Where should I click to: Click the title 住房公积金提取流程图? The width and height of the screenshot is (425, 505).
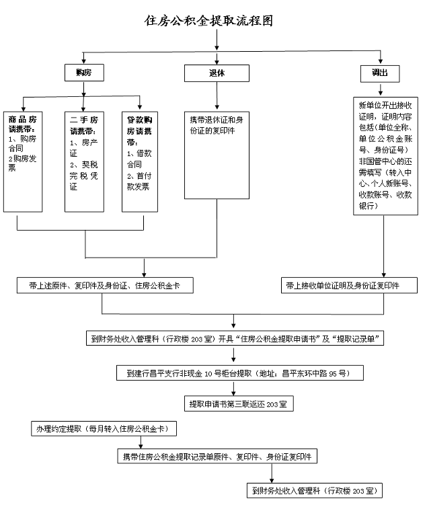tap(209, 21)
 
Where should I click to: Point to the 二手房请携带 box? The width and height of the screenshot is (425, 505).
tap(85, 161)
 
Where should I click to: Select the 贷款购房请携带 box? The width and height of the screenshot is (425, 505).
tap(141, 161)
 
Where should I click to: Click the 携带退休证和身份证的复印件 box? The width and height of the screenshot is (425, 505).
tap(216, 154)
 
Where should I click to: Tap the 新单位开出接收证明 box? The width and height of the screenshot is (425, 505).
tap(384, 155)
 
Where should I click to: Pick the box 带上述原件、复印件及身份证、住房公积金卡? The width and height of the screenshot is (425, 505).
tap(106, 286)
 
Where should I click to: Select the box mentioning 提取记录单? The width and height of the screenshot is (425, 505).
tap(235, 339)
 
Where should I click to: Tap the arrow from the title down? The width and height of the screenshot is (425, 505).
tap(216, 42)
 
